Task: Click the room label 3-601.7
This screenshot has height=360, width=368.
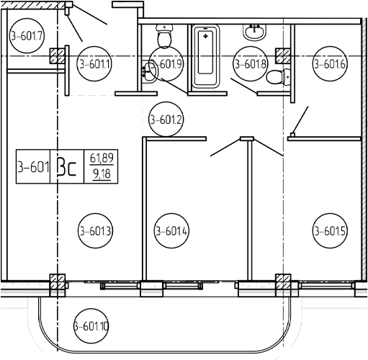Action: pos(27,36)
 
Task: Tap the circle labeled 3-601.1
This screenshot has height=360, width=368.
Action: pos(94,64)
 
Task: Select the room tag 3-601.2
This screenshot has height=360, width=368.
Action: pos(166,119)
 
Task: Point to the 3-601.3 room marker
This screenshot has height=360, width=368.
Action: pos(95,231)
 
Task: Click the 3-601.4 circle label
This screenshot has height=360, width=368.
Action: pos(171,231)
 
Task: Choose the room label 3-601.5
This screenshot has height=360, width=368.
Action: pos(330,231)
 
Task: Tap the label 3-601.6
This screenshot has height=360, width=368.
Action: pos(330,64)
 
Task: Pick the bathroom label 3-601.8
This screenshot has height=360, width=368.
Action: pos(251,64)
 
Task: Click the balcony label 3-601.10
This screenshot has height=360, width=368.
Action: pos(91,326)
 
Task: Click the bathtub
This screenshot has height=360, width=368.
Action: pos(206,56)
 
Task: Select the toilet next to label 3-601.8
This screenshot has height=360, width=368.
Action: pos(279,76)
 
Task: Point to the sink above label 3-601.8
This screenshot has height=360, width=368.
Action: pos(255,32)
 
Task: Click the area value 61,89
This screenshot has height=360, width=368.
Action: pos(102,158)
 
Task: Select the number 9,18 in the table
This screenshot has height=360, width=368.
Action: pos(102,174)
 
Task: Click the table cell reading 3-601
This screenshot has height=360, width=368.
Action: pos(33,166)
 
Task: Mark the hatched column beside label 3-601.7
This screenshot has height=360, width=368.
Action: pos(58,56)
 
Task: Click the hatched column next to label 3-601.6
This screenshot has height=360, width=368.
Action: pos(283,56)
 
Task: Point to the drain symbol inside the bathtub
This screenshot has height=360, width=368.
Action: pos(205,36)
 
